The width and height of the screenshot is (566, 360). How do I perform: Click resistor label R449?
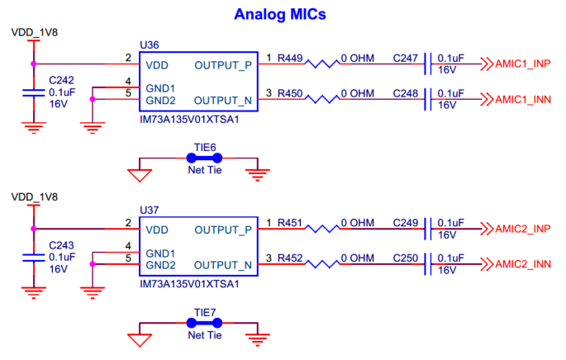[290, 59]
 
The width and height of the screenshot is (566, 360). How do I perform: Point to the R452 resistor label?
[290, 259]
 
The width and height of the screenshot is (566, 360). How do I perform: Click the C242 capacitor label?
[61, 81]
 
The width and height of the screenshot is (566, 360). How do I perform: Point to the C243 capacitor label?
[61, 246]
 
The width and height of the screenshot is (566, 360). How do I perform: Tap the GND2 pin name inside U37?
[160, 265]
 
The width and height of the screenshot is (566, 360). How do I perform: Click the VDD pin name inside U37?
[157, 230]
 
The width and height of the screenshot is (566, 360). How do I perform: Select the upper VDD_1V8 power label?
[34, 32]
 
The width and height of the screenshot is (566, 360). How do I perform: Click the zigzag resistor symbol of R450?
[330, 101]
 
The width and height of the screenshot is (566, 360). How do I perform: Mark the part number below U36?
[191, 119]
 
